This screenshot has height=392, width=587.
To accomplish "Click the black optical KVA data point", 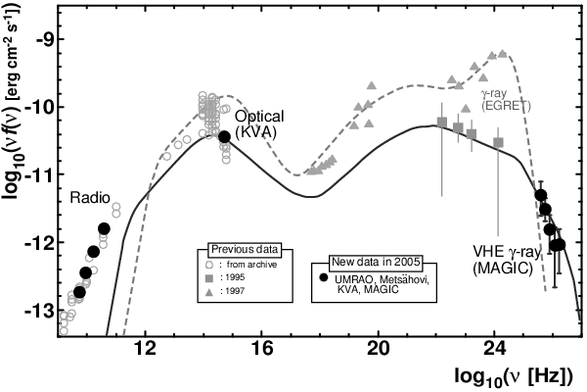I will [224, 136].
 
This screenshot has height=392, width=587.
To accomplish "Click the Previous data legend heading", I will [241, 249].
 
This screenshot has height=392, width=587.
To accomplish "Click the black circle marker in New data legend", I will [323, 277].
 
